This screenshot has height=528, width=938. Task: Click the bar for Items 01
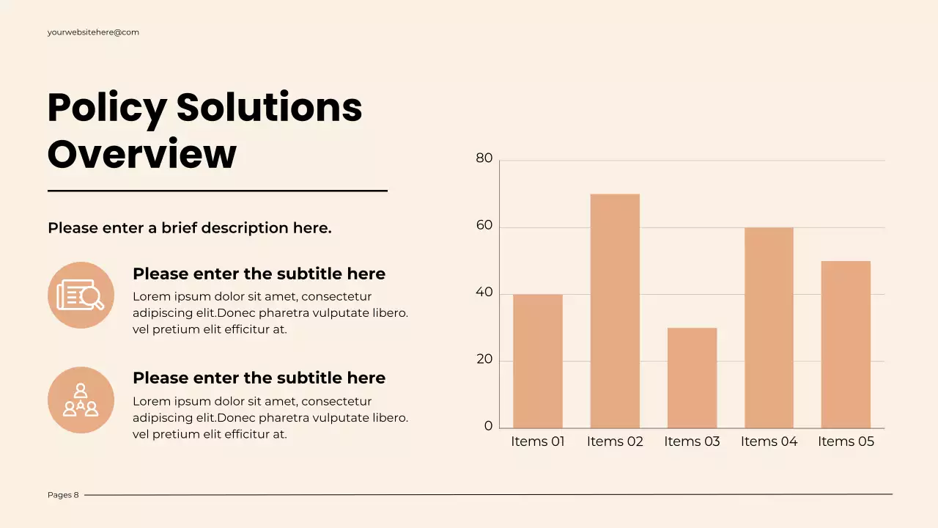(x=538, y=361)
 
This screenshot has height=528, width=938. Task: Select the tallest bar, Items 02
(x=615, y=311)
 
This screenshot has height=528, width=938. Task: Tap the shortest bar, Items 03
(x=692, y=378)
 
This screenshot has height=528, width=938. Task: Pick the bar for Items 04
(x=769, y=328)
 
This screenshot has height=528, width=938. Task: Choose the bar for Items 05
(x=846, y=344)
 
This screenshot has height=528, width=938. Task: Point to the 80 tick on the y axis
(x=484, y=158)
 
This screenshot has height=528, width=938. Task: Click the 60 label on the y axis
(x=484, y=226)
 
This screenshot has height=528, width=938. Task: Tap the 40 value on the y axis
(x=484, y=293)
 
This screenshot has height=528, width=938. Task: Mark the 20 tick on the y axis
(x=484, y=360)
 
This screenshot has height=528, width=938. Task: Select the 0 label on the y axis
(x=489, y=427)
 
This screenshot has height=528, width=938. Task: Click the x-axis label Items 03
(x=692, y=441)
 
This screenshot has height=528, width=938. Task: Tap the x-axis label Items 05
(x=846, y=441)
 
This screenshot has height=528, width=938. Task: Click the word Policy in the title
(x=106, y=108)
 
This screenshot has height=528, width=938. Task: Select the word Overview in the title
(x=142, y=155)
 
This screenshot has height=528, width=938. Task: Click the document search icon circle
(x=81, y=295)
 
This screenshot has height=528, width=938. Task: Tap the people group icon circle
(x=81, y=400)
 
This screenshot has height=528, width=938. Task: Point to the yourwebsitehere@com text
(x=93, y=32)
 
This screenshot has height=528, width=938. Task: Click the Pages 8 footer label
(x=63, y=495)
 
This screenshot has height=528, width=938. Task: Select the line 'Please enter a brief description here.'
(x=190, y=228)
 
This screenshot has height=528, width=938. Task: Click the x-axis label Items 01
(x=538, y=441)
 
